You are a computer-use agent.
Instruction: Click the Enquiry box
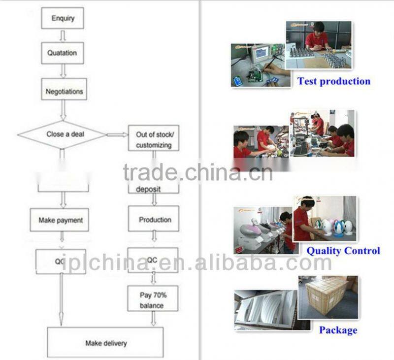(62, 18)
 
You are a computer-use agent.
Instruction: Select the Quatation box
(62, 53)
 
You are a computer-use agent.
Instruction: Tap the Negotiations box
(64, 92)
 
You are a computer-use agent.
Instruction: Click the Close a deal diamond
(62, 134)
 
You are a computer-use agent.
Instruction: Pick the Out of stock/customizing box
(154, 139)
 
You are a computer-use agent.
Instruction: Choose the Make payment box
(60, 220)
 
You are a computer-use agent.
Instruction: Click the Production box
(154, 220)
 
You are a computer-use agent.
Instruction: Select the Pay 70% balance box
(153, 300)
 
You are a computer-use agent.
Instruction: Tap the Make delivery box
(105, 343)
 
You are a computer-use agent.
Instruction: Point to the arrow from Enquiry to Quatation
(62, 35)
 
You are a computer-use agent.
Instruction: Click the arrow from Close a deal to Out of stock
(117, 134)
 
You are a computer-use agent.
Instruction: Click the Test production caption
(333, 81)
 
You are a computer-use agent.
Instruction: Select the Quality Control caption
(343, 251)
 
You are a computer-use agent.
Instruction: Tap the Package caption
(338, 330)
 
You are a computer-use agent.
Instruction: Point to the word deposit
(148, 189)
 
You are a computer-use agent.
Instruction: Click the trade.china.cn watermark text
(197, 173)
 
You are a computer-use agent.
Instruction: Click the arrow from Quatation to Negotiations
(63, 71)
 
